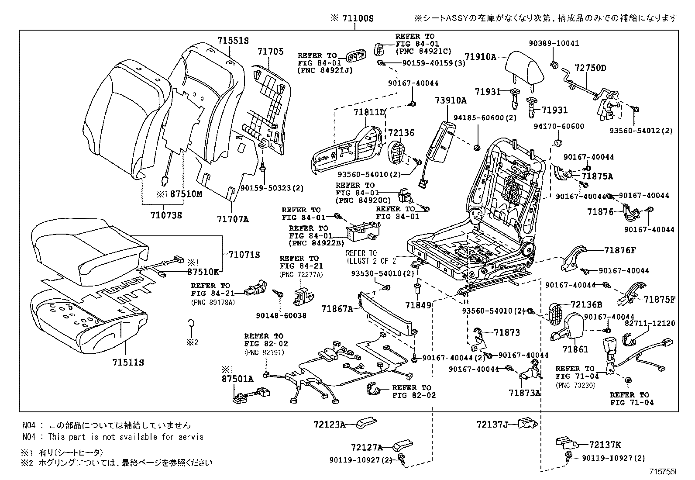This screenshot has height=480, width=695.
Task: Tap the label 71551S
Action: point(233,41)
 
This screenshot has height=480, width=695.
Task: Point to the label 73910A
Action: point(451,100)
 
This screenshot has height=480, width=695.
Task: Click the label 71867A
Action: point(337,309)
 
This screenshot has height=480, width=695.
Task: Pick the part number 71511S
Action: point(128,363)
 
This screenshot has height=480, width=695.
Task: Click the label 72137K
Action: point(605,445)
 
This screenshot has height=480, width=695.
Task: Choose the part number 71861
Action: point(575,349)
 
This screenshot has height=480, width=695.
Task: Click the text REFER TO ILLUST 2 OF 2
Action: point(371,257)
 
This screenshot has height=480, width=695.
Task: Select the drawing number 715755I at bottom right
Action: point(663,472)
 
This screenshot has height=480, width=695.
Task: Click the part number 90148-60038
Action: point(287,315)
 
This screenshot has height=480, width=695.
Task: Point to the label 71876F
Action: point(620,250)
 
